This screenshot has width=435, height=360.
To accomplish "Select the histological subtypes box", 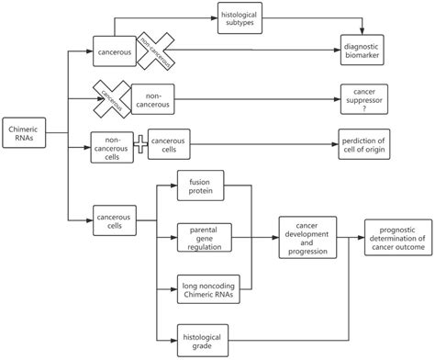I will pyautogui.click(x=241, y=19).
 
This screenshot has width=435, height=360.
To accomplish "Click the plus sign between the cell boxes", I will pyautogui.click(x=140, y=144).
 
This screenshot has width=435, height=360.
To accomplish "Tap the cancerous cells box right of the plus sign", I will pyautogui.click(x=171, y=144).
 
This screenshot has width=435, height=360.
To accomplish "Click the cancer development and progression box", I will pyautogui.click(x=307, y=236).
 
